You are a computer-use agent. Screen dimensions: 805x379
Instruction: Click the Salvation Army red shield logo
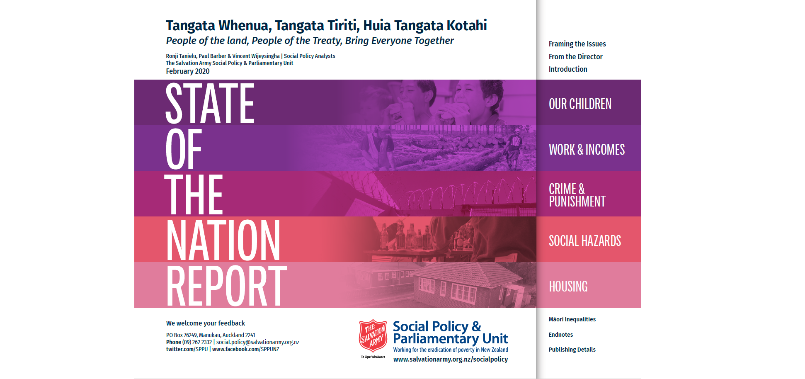coord(373,335)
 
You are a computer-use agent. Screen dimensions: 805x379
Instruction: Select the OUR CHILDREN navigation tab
coord(588,102)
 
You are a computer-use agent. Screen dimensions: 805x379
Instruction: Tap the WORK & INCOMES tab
coord(588,148)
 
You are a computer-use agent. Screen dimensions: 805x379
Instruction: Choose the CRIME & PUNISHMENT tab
coord(588,194)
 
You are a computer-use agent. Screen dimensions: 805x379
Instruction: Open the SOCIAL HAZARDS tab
coord(588,239)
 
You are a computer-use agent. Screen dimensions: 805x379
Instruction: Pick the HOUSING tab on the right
coord(588,285)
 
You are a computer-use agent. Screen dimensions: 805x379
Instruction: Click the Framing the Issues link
coord(577,44)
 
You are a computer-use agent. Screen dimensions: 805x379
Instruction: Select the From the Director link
coord(575,57)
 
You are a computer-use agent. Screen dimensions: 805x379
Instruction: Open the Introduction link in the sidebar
coord(568,69)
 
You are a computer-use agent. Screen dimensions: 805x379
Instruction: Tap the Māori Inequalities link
coord(572,319)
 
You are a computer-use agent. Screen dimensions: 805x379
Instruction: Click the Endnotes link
coord(561,335)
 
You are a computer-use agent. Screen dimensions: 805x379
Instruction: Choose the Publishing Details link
coord(572,350)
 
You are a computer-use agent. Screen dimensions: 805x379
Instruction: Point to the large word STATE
coord(210,103)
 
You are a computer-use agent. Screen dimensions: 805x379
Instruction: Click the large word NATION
coord(223,240)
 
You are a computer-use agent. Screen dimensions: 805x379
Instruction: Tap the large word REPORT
coord(227,286)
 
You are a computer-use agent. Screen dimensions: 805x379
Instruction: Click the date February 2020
coord(188,71)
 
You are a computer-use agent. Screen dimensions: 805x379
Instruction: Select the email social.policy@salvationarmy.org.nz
coord(257,342)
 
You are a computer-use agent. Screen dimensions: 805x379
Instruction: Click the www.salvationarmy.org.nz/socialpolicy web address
coord(451,359)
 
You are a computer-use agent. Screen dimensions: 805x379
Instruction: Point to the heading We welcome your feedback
coord(206,323)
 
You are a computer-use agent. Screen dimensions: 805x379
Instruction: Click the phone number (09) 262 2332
coord(197,342)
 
